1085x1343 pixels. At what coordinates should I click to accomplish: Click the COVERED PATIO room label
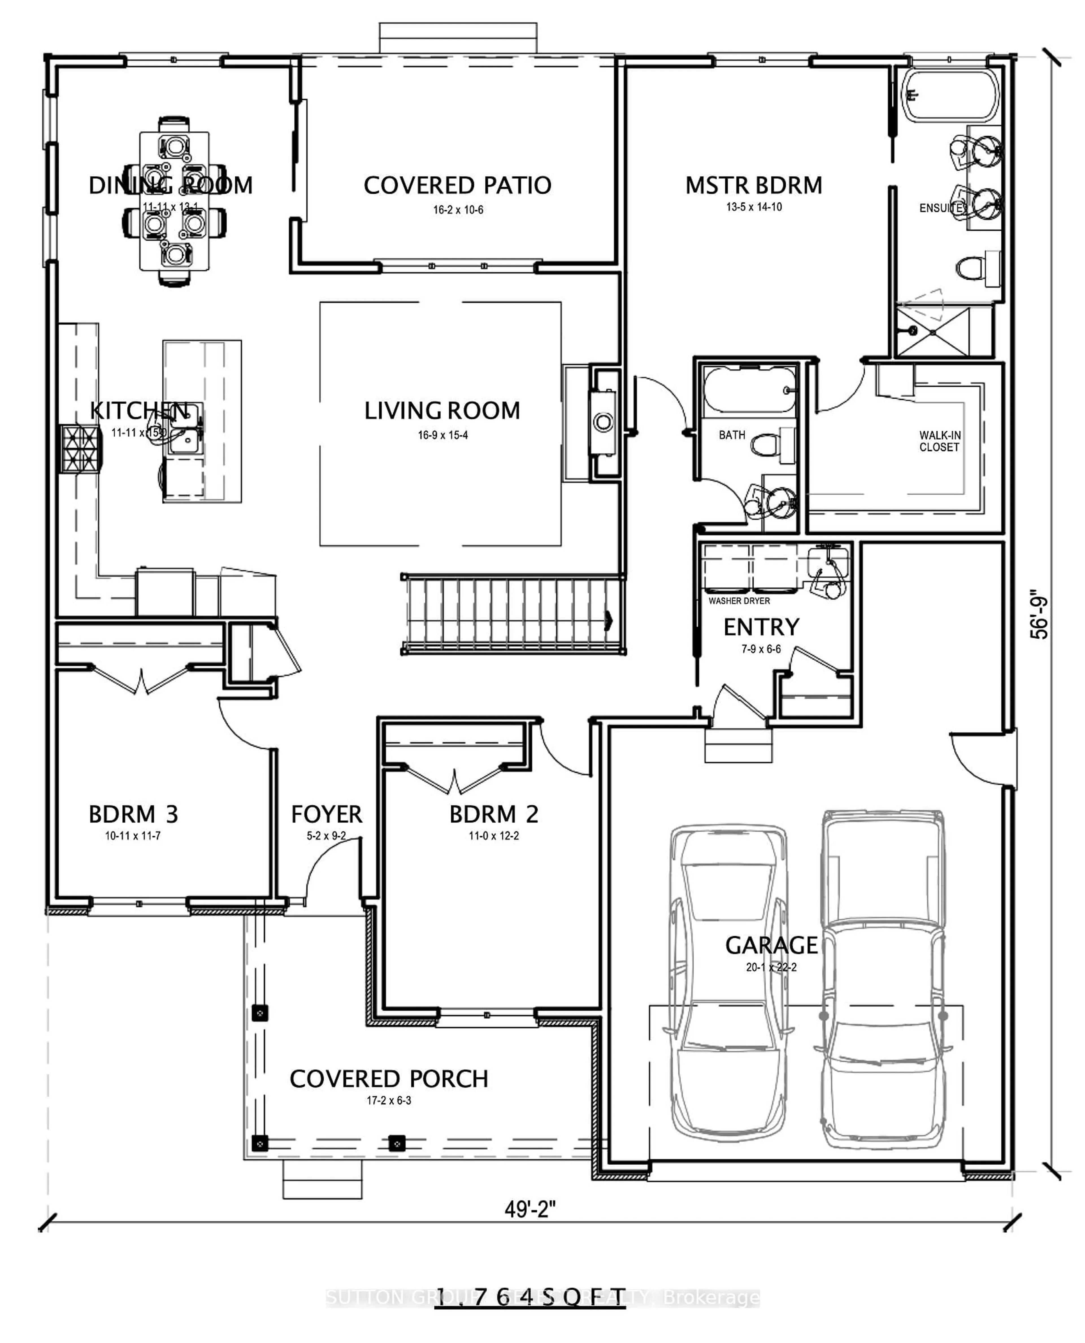coord(457,186)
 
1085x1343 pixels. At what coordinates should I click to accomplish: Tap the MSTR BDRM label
coord(754,186)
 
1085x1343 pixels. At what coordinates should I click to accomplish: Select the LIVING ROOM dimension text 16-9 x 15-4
coord(442,435)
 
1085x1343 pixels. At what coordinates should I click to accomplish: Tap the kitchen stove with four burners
coord(80,449)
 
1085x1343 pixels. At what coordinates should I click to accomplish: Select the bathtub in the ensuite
coord(950,95)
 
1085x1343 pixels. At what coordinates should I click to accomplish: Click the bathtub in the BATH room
coord(749,390)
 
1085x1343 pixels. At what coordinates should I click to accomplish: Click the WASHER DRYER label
coord(739,601)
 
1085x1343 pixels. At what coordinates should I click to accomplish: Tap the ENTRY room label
coord(761,627)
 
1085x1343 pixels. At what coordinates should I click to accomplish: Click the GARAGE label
coord(771,945)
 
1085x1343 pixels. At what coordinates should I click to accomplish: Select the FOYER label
coord(326,815)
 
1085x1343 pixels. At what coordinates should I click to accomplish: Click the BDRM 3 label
coord(133,815)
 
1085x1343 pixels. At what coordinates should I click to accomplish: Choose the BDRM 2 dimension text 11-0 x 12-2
coord(494,836)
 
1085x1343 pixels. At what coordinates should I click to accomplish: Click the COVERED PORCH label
coord(389,1079)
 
